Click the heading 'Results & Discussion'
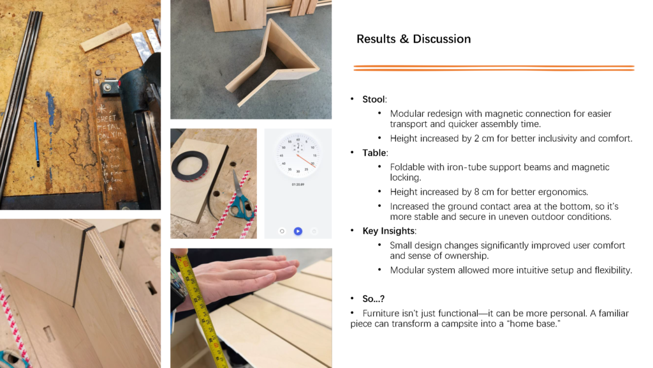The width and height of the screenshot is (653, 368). point(413,39)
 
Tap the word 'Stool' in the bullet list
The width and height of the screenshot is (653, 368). point(374,99)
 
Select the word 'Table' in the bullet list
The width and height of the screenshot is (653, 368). point(374,153)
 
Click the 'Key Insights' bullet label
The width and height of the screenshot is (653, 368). point(388,231)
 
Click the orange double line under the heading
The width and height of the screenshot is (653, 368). point(494,68)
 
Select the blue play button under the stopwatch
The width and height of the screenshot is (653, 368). point(298,231)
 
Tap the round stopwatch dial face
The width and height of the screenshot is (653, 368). point(298,156)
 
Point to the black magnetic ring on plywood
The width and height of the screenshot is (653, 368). point(192,167)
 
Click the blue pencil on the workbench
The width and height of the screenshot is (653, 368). point(37,144)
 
